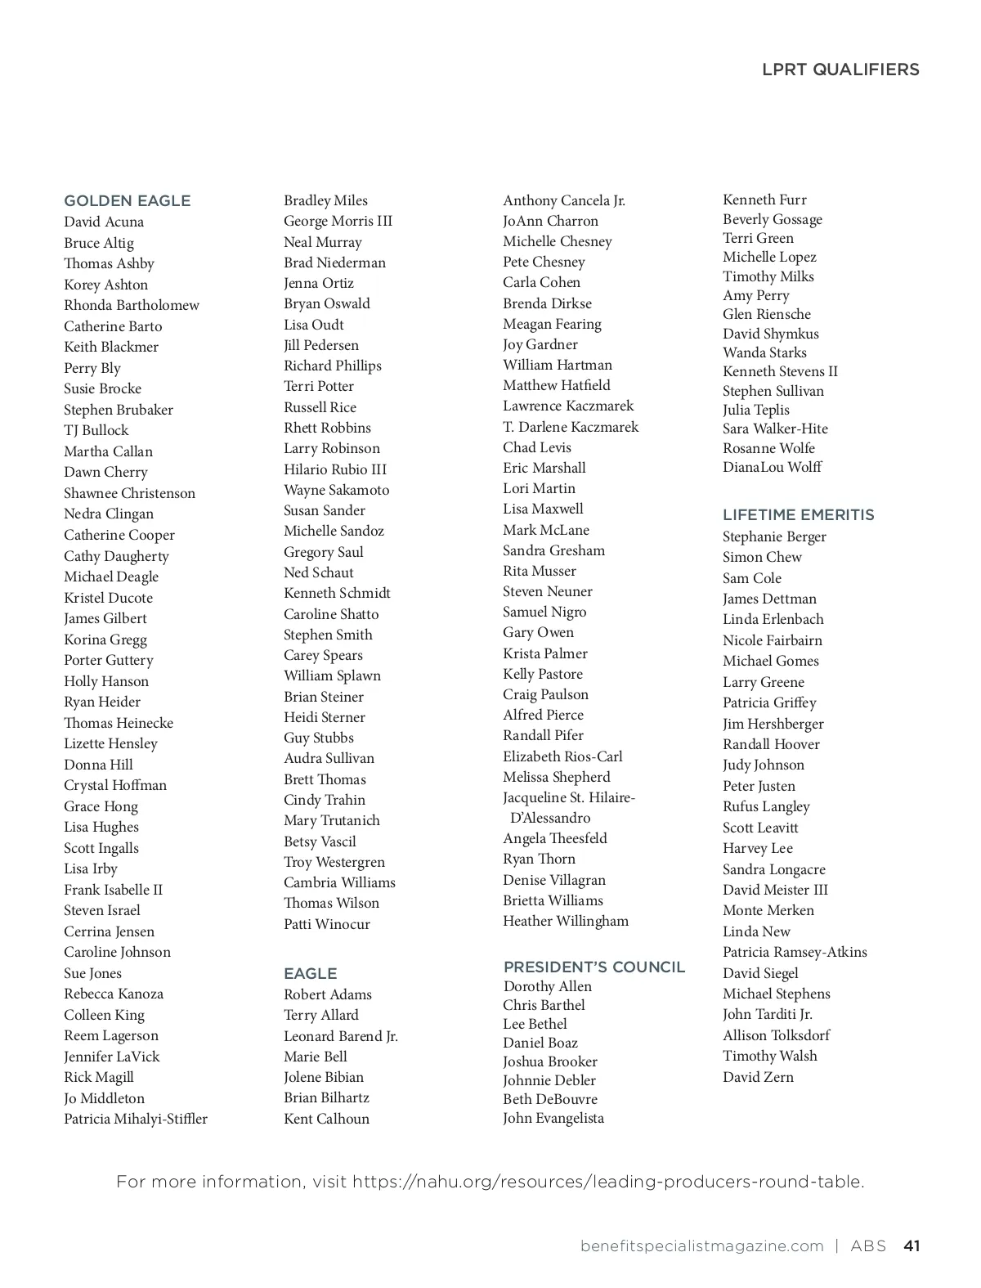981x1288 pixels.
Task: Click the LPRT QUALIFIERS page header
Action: (840, 70)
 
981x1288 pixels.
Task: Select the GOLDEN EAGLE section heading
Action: (127, 201)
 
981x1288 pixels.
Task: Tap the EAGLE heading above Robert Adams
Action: (310, 974)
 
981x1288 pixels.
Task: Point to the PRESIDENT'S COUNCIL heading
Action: (594, 967)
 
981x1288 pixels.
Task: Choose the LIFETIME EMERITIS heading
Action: (798, 515)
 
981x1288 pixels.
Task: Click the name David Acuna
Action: (104, 222)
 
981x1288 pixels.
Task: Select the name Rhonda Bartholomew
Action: (132, 306)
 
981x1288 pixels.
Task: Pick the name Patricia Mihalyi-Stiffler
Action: (136, 1120)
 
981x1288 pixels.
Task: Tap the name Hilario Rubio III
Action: (335, 469)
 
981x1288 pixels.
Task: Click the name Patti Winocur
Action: (327, 925)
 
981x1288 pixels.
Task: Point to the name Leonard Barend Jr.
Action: (341, 1037)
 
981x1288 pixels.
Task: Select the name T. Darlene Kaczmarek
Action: (571, 427)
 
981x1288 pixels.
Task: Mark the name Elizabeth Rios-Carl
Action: (562, 756)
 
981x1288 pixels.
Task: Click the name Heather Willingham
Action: (566, 922)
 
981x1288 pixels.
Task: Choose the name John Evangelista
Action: (553, 1119)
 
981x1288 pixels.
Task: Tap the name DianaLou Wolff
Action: (772, 468)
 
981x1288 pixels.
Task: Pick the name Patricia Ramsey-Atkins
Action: (795, 953)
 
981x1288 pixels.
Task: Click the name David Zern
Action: (758, 1078)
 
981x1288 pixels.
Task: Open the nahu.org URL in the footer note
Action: (607, 1183)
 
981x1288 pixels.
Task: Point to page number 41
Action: (912, 1246)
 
